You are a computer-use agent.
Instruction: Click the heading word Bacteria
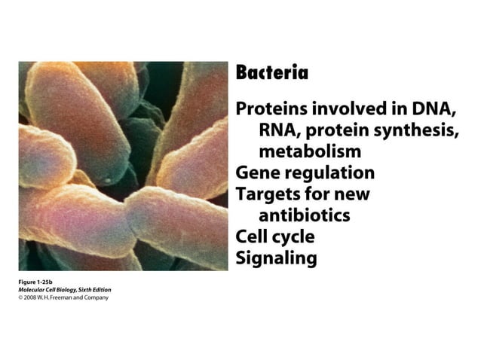pos(272,73)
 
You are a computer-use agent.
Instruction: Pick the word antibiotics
pos(305,215)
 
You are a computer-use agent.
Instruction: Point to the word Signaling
pos(277,258)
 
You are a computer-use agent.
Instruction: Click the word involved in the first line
pos(342,108)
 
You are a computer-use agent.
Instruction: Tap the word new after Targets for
pos(350,194)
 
